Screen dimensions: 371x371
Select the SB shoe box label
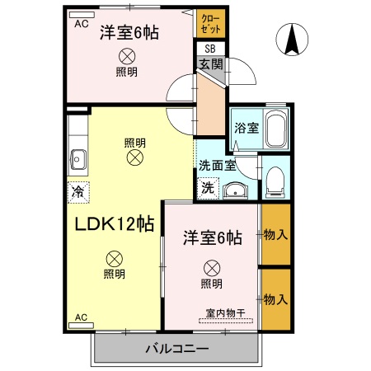209,49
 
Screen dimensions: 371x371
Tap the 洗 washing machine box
208,188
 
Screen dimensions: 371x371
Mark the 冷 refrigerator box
78,190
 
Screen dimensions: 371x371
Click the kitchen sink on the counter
78,157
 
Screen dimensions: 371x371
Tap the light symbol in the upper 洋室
127,56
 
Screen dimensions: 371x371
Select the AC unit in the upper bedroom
82,25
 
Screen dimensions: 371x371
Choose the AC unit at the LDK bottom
82,317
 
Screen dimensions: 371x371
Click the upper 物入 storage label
275,235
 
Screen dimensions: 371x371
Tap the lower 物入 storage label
275,298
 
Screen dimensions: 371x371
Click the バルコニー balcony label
178,348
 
